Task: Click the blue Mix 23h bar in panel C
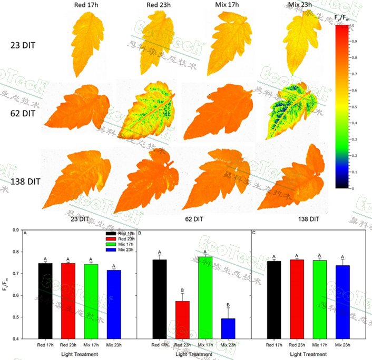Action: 342,302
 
